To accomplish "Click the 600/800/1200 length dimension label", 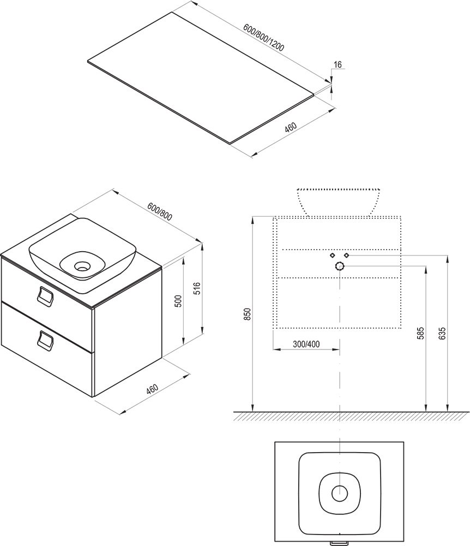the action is (263, 38).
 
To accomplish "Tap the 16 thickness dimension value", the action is (338, 64).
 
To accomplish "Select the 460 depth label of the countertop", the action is (291, 127).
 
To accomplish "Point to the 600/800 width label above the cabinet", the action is (160, 211).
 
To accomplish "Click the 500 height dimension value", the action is (178, 301).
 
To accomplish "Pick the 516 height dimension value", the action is (197, 289).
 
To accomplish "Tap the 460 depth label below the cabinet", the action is (152, 389).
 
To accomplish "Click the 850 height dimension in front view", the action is (247, 314).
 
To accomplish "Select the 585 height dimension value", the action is (421, 333).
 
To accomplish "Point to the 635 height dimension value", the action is (442, 333).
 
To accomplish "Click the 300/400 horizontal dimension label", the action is (306, 345).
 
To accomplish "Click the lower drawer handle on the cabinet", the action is (45, 340).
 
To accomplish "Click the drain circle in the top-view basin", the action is (340, 493).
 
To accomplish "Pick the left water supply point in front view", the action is (333, 256).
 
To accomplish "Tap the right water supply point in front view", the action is (346, 256).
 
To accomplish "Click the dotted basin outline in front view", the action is (338, 202).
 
